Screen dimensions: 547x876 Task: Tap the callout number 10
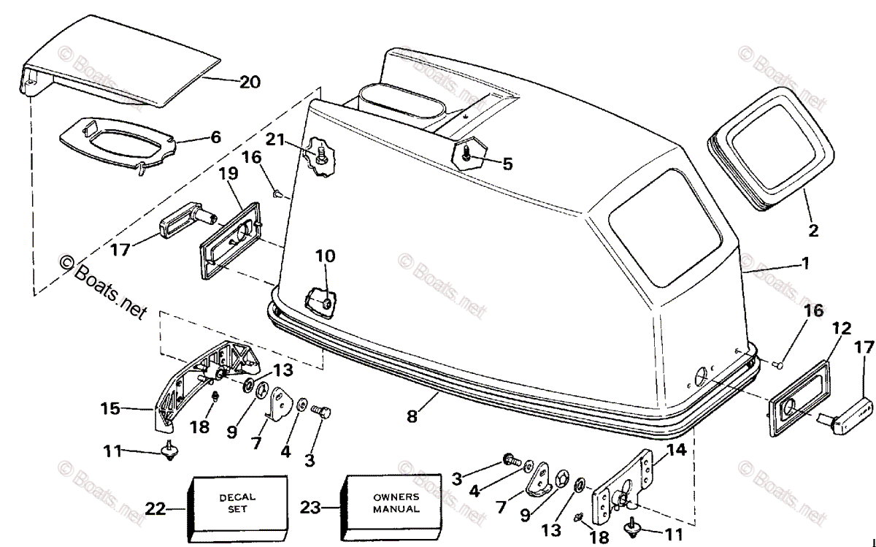click(x=326, y=256)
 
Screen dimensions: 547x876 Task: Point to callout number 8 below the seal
click(x=413, y=418)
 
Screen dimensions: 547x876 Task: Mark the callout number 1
click(x=805, y=263)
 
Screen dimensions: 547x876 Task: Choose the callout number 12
click(x=840, y=329)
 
